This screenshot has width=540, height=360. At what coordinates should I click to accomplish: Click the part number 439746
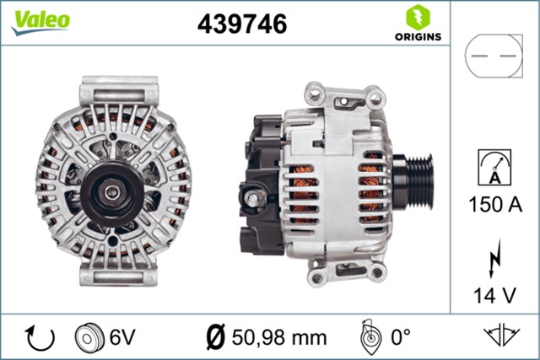[x=242, y=24]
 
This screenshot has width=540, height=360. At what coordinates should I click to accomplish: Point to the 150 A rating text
[x=494, y=203]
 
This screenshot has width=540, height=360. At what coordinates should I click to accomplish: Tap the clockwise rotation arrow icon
[x=40, y=337]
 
